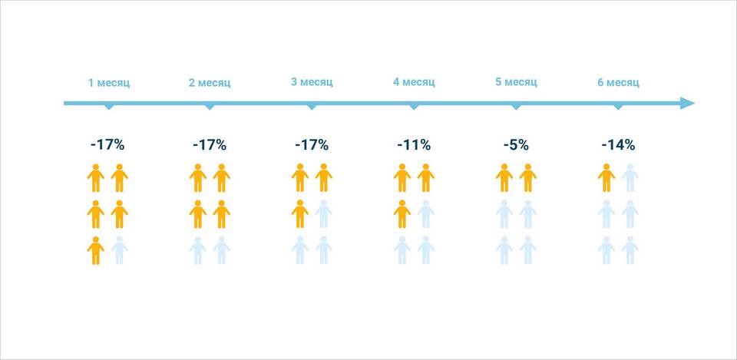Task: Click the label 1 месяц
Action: [x=109, y=83]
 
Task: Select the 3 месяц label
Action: [x=312, y=82]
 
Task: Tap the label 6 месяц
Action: [x=618, y=83]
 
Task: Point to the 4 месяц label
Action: [x=414, y=82]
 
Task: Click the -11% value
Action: [x=414, y=145]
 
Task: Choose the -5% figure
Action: [x=516, y=145]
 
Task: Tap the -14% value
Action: [x=618, y=145]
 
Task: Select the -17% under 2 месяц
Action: [x=210, y=145]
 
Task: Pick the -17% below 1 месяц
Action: [x=107, y=145]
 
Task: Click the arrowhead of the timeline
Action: [x=688, y=104]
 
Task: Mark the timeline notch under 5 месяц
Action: [x=516, y=107]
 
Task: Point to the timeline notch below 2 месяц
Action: [x=210, y=107]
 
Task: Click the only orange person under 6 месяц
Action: [x=606, y=177]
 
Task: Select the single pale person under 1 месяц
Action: [x=120, y=250]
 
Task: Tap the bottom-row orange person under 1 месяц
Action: [x=95, y=250]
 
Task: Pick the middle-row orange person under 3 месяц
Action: [x=300, y=214]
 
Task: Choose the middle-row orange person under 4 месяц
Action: [x=402, y=214]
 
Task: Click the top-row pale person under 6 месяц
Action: [x=630, y=177]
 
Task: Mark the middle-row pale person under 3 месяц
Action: [x=324, y=214]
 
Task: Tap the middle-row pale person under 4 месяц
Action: [x=426, y=214]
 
